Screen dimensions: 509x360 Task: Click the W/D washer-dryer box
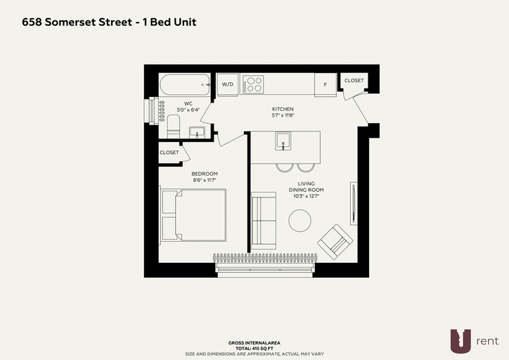(x=228, y=84)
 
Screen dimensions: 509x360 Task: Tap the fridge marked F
(x=326, y=84)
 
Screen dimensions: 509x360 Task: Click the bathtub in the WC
(x=185, y=84)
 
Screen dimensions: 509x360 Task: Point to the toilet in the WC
(x=174, y=127)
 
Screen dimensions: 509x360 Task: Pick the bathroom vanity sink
(x=197, y=132)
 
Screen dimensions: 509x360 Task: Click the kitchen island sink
(x=283, y=141)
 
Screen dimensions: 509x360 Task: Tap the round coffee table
(x=299, y=221)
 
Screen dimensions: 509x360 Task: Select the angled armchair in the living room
(x=335, y=241)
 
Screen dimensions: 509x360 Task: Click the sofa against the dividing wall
(x=264, y=221)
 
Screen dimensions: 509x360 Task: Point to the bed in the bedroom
(x=193, y=215)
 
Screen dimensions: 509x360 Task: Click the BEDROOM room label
(x=205, y=174)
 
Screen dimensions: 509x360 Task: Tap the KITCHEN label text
(x=283, y=109)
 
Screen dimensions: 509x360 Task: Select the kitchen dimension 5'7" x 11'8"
(x=283, y=115)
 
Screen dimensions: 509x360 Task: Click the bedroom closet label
(x=169, y=153)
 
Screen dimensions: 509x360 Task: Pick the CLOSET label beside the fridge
(x=354, y=80)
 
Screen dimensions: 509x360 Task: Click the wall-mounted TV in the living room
(x=354, y=203)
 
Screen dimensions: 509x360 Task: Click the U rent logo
(x=475, y=341)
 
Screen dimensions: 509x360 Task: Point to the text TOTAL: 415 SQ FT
(x=254, y=348)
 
